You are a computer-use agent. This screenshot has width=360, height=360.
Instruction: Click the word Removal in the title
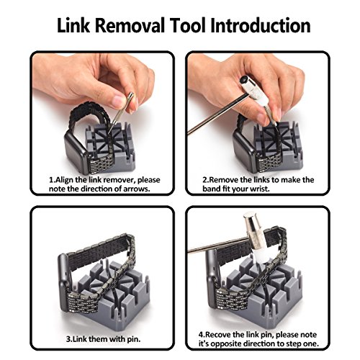click(130, 25)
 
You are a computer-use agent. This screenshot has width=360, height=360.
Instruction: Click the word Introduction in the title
click(261, 25)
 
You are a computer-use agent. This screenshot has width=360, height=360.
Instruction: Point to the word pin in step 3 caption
click(133, 339)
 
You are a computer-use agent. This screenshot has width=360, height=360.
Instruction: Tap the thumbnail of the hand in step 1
click(119, 102)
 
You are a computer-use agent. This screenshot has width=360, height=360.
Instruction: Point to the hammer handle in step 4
click(217, 245)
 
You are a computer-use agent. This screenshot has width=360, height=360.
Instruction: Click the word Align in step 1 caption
click(64, 180)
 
